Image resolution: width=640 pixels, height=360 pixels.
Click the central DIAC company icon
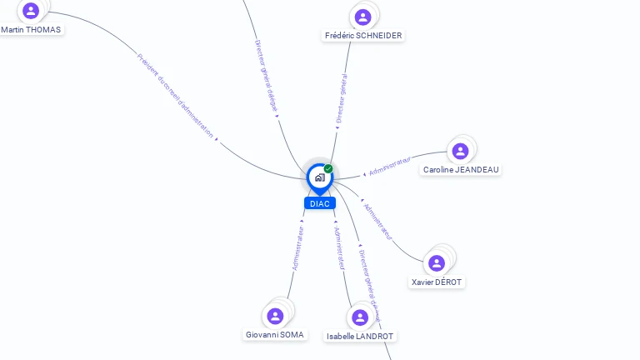coord(319,177)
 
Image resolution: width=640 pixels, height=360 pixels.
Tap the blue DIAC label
coord(319,203)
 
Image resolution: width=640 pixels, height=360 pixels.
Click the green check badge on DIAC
coord(328,168)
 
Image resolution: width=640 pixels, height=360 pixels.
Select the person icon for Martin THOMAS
coord(31,11)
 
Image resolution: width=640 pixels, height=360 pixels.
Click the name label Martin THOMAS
coord(31,29)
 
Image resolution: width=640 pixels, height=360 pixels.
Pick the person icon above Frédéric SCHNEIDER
coord(362,17)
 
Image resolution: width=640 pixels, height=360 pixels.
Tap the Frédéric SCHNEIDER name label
coord(363,36)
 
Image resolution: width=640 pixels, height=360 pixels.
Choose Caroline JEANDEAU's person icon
coord(460,151)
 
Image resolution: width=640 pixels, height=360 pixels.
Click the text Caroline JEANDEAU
coord(461,170)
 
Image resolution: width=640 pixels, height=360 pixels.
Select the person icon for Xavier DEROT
coord(437,263)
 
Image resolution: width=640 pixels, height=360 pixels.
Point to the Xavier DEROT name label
coord(437,282)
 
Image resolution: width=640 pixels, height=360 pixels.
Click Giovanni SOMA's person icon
coord(276,316)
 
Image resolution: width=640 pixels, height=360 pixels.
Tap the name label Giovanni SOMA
coord(275,335)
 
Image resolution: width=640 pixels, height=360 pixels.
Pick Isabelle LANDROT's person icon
coord(360,317)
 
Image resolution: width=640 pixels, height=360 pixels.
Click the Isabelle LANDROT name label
coord(360,337)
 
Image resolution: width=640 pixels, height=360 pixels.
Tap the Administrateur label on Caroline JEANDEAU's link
coord(390,165)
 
